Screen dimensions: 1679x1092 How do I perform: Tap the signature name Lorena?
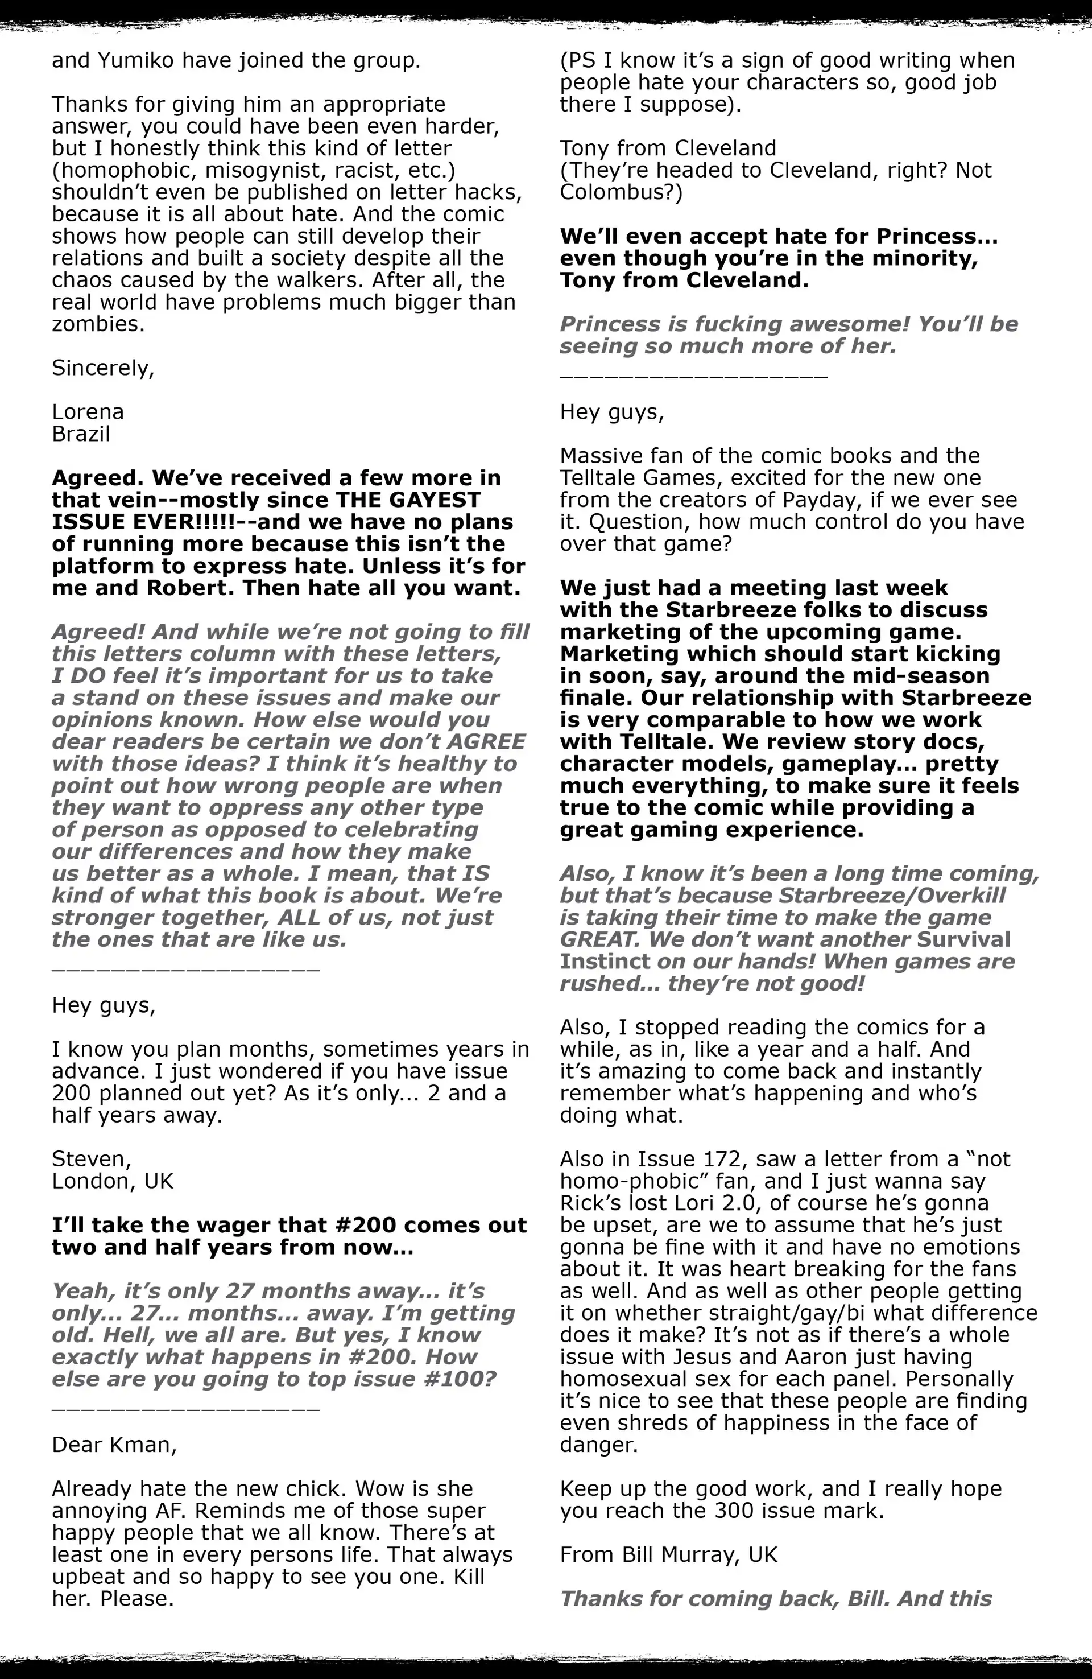88,412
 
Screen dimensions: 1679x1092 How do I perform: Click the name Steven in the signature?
91,1159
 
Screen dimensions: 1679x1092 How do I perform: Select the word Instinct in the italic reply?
605,962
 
